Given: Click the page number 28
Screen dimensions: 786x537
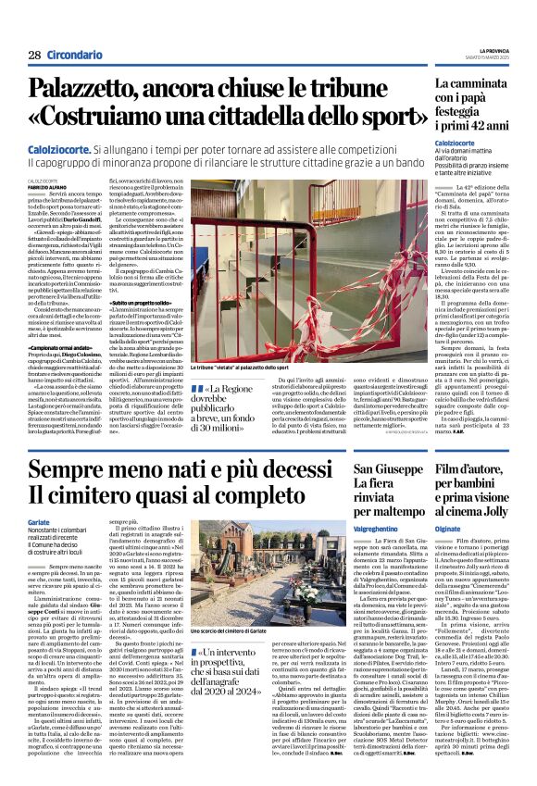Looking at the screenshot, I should point(34,56).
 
